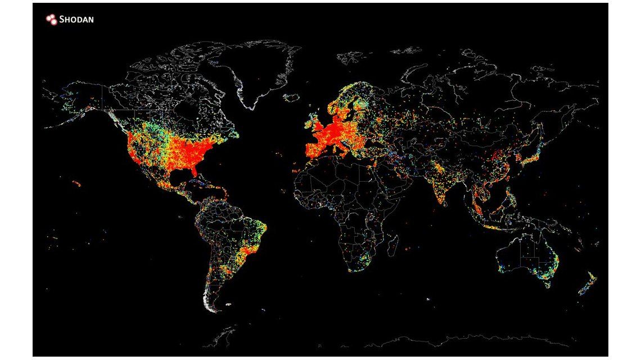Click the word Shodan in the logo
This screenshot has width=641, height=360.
tap(78, 20)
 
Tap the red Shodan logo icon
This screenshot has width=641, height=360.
tap(52, 20)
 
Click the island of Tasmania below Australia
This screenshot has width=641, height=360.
tap(547, 285)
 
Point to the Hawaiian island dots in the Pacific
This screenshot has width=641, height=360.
tap(76, 183)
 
